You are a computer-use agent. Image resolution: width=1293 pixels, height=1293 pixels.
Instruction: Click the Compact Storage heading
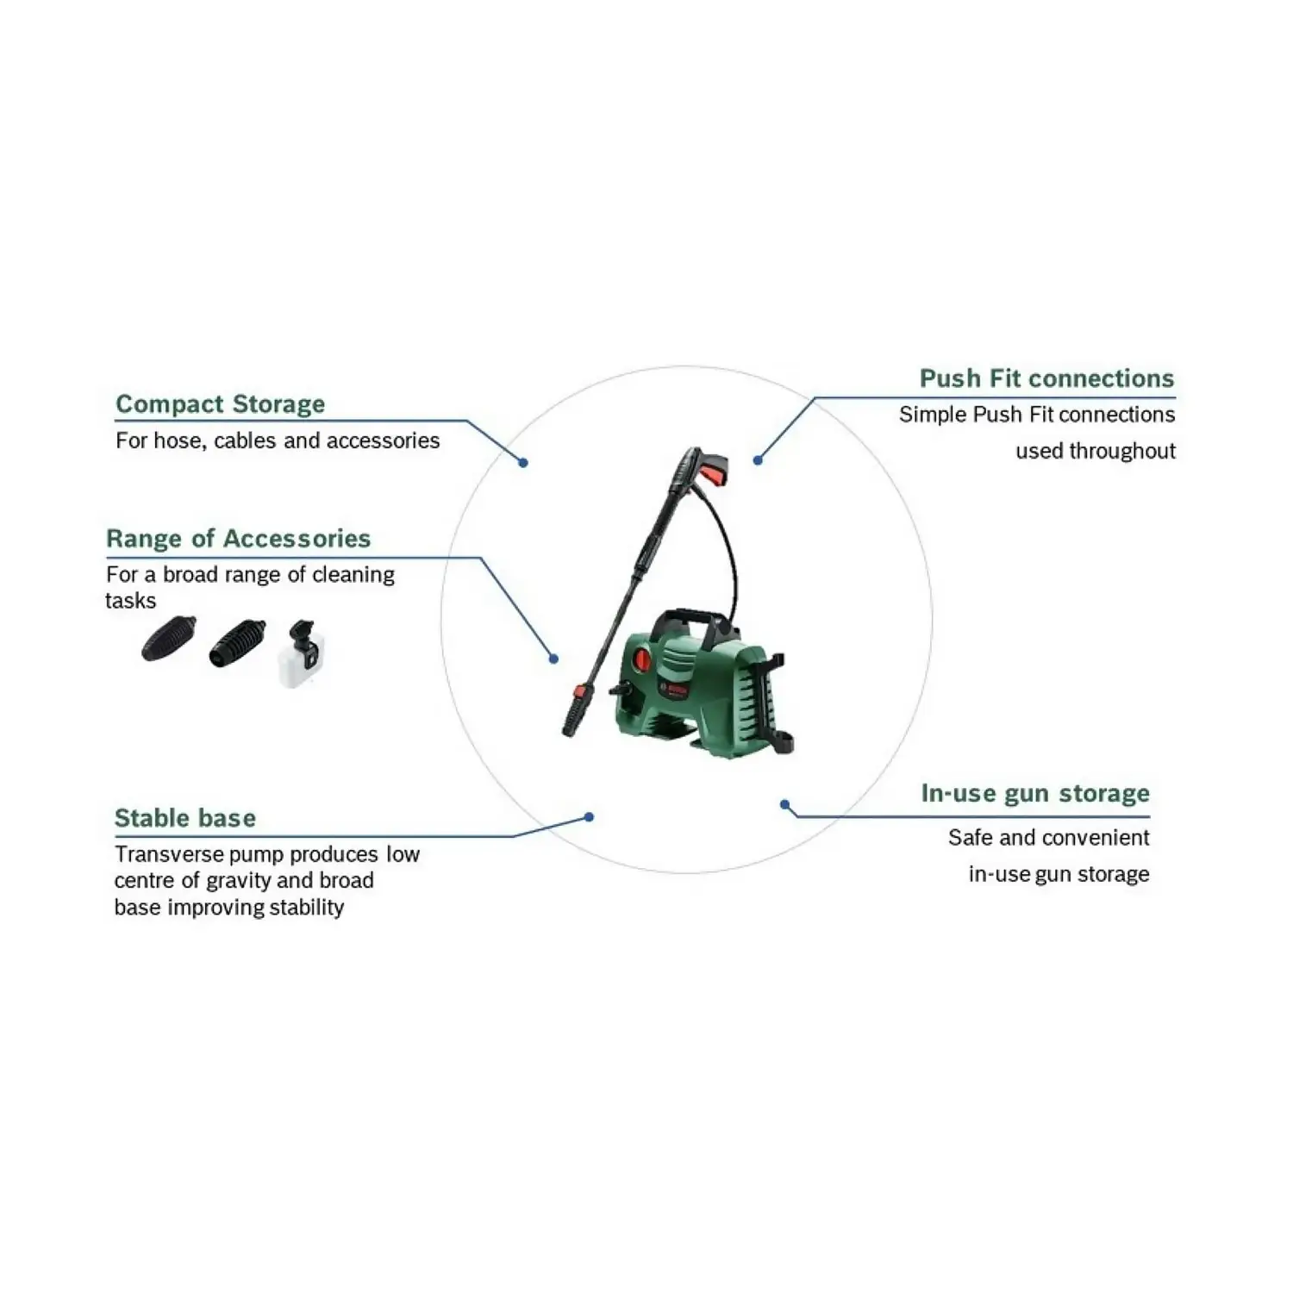220,404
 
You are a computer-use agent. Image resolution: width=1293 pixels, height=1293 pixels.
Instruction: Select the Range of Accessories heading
238,539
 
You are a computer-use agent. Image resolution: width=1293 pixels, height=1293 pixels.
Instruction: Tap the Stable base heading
184,818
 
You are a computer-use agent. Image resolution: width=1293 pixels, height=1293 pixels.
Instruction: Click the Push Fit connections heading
1046,378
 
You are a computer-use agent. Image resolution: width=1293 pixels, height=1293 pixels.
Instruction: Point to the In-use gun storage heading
1034,793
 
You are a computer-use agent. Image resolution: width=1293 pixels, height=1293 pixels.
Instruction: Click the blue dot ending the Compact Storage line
523,463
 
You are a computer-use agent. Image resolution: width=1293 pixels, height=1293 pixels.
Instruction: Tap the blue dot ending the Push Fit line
758,460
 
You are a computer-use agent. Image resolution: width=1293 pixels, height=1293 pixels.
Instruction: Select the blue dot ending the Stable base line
589,817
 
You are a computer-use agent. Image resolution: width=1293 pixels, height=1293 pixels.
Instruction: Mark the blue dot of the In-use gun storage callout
784,804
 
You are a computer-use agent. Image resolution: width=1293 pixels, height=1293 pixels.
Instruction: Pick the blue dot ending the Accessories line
554,659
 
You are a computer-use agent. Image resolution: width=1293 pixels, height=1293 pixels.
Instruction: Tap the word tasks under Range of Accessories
130,601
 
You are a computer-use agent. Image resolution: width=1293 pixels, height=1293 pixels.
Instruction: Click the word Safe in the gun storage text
971,838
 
